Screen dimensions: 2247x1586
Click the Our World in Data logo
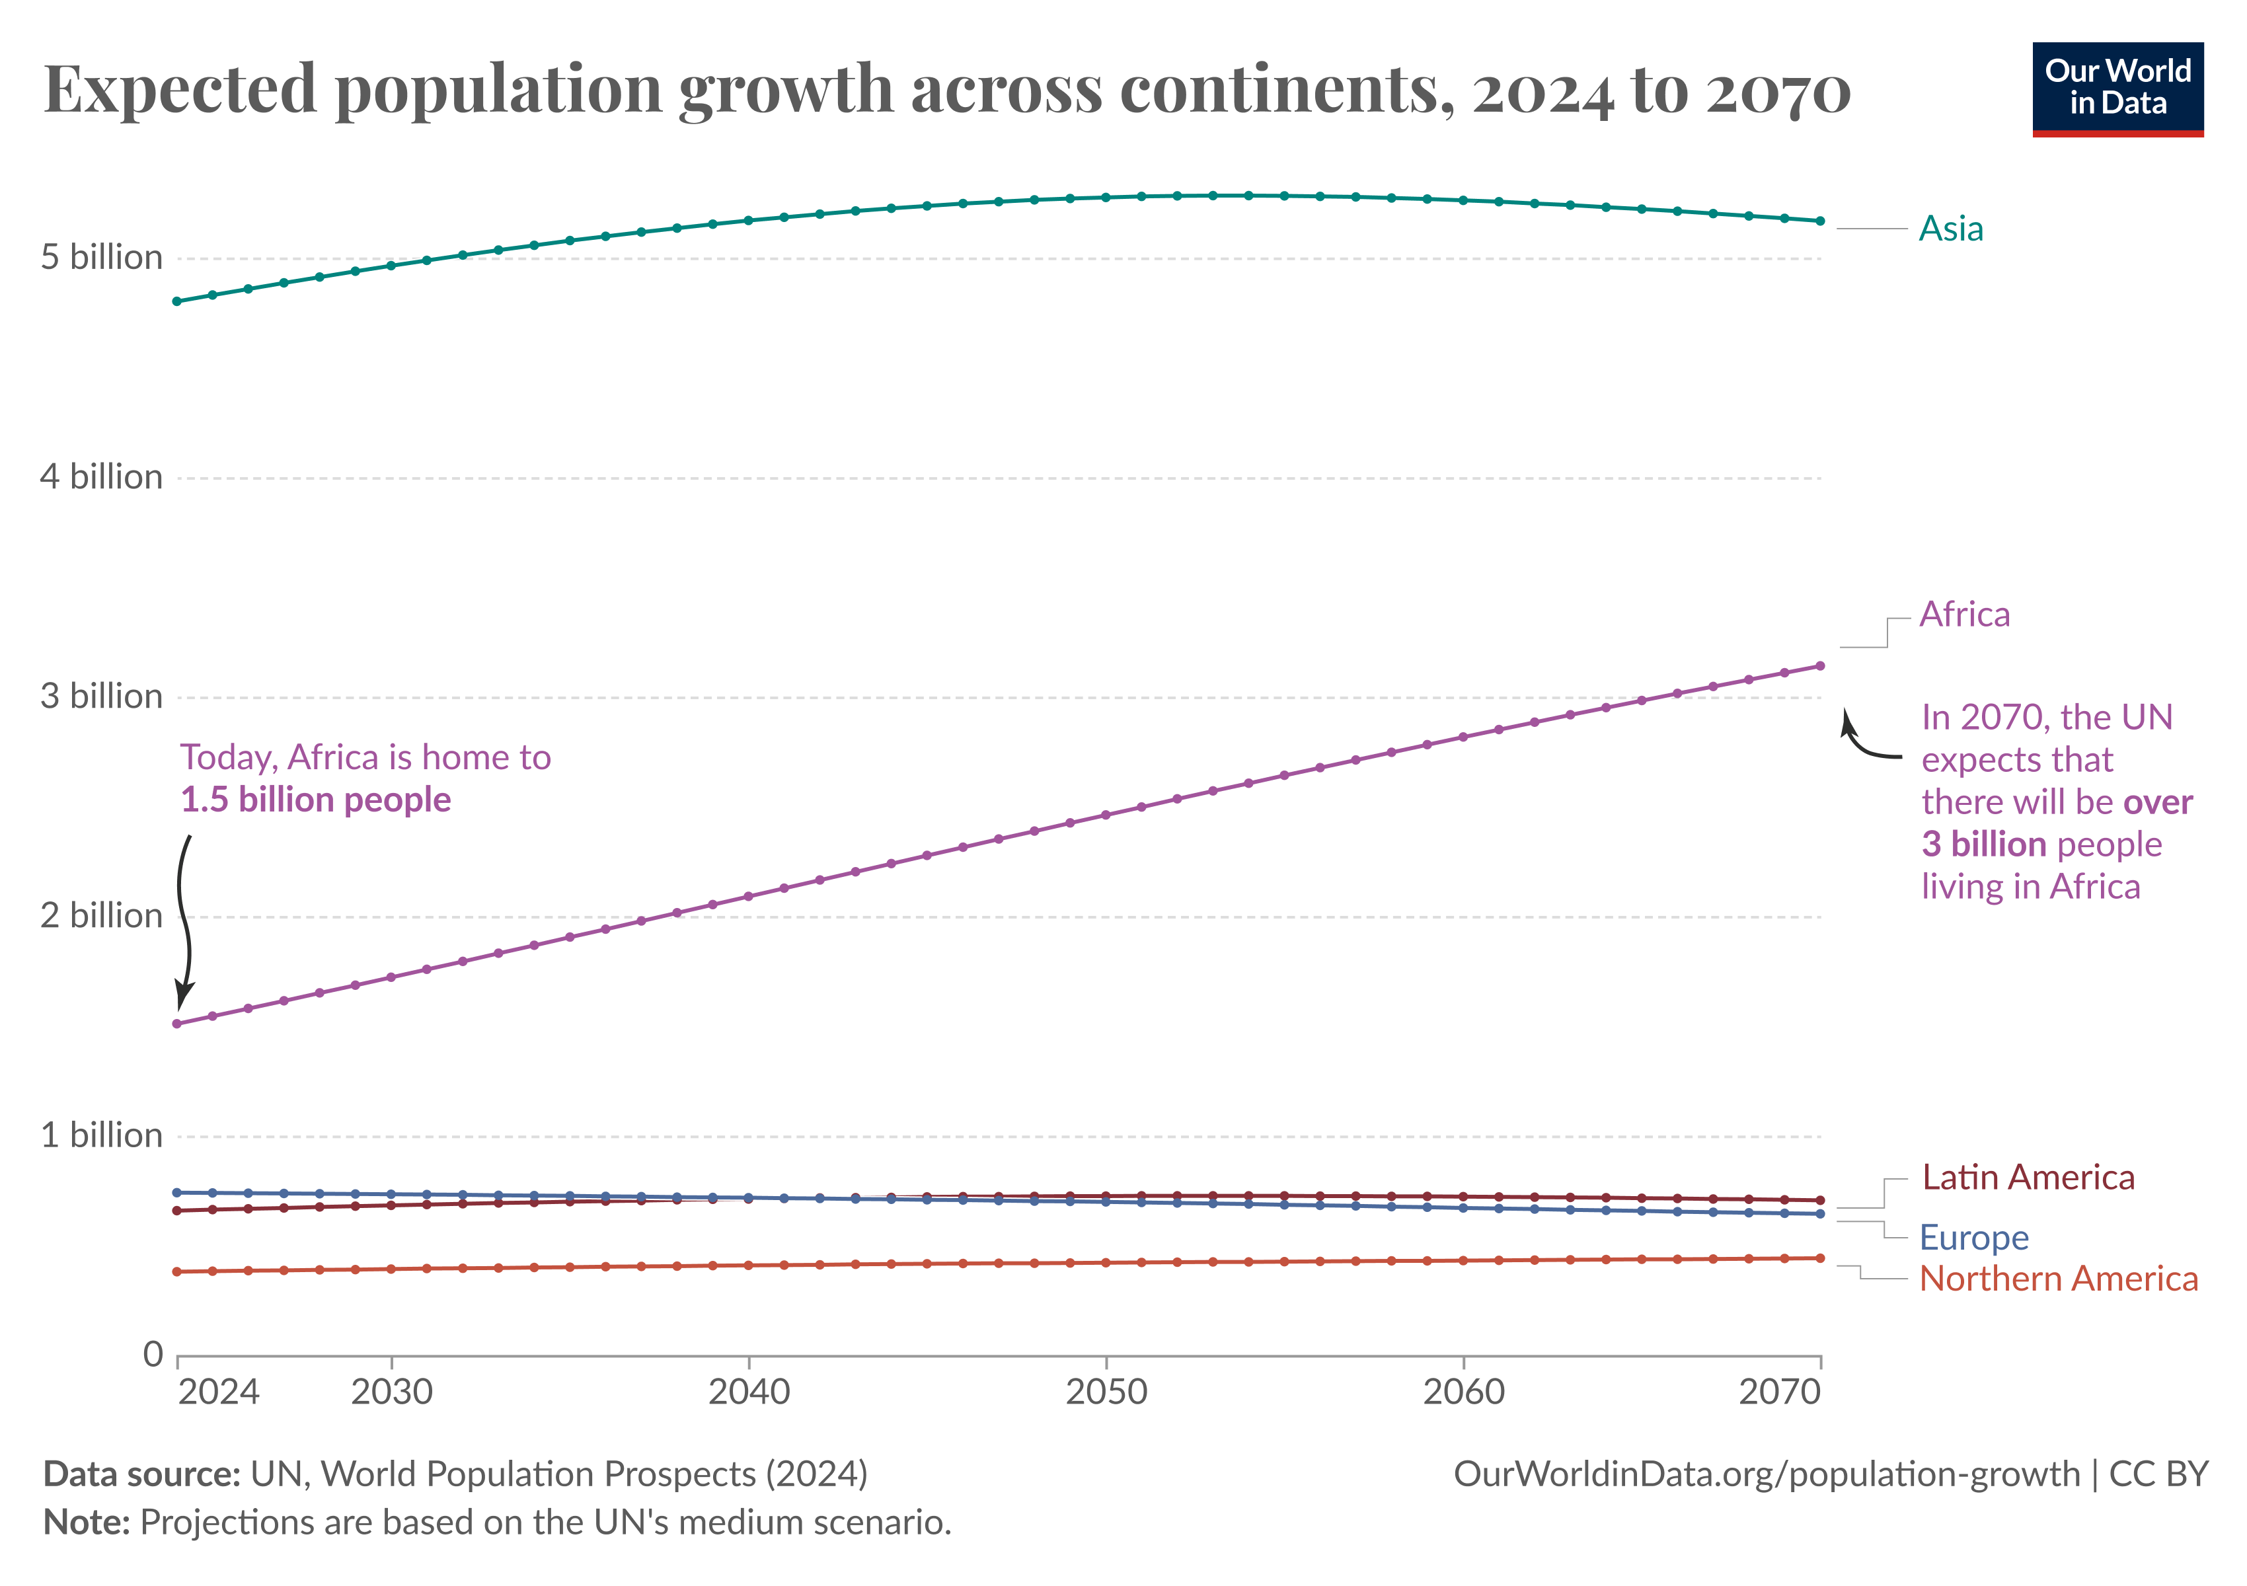(2118, 89)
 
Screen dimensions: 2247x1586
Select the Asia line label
(1950, 228)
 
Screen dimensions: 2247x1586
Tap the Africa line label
(1964, 615)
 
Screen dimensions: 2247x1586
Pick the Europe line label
(1974, 1238)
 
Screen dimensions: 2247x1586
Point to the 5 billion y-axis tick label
(102, 257)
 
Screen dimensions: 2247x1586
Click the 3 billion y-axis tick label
(102, 697)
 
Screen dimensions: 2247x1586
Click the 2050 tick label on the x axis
(1106, 1391)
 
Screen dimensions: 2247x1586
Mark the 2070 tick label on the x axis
(1779, 1391)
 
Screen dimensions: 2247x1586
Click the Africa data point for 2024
(177, 1024)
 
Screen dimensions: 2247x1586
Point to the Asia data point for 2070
(1820, 221)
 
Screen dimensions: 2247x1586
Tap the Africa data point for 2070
(1820, 666)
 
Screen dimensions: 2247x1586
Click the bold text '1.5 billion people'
(315, 800)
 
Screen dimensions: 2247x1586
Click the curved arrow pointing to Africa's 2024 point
(183, 920)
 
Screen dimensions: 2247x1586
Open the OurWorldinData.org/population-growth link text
(1767, 1474)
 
